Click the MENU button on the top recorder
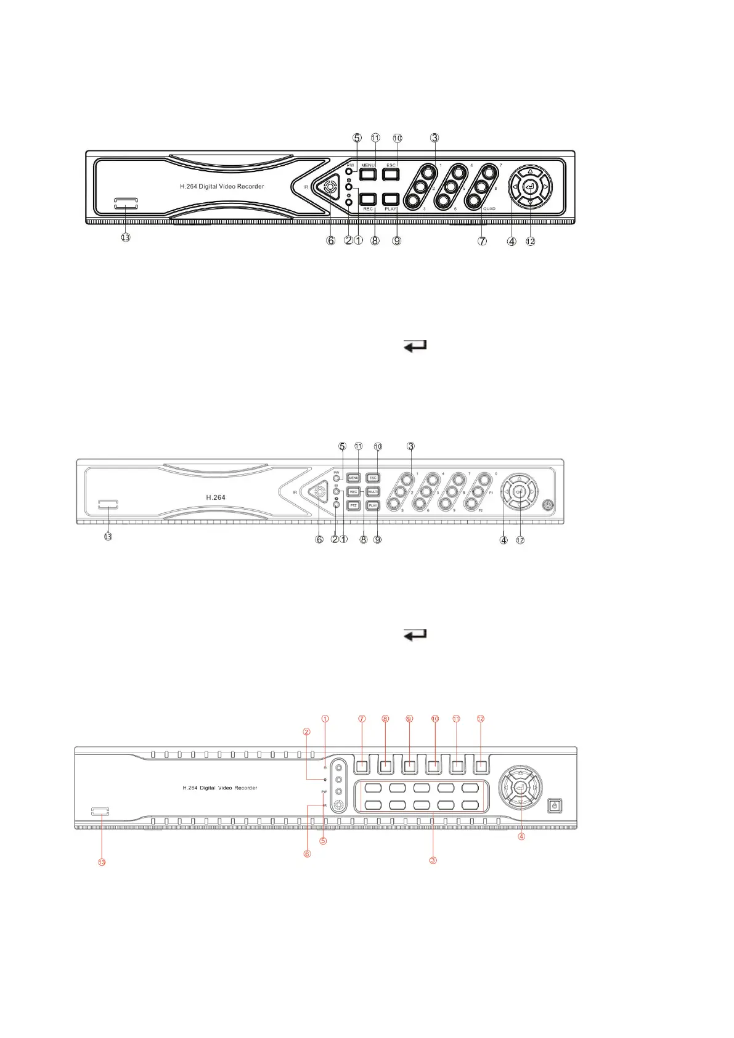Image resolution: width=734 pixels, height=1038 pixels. coord(368,174)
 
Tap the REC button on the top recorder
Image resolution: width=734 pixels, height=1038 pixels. coord(368,199)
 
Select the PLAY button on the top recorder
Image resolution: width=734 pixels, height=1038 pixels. coord(391,199)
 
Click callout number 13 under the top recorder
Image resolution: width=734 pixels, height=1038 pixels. coord(126,237)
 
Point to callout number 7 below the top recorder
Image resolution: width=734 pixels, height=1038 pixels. coord(482,241)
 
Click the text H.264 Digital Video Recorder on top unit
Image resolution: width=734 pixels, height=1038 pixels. coord(222,186)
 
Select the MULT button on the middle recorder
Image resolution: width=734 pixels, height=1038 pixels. coord(373,492)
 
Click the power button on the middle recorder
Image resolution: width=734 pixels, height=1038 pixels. coord(549,505)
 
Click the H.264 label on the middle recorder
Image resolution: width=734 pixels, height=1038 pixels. coord(215,497)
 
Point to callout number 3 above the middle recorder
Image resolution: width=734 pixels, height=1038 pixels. coord(410,446)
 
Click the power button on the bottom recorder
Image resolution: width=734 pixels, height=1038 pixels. coord(555,806)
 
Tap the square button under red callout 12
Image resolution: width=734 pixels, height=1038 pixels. coord(481,767)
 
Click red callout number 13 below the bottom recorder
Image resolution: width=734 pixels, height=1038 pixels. coord(102,862)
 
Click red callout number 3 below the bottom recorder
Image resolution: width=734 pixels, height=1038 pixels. coord(433,860)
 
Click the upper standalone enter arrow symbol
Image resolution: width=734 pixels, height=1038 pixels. coord(415,346)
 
